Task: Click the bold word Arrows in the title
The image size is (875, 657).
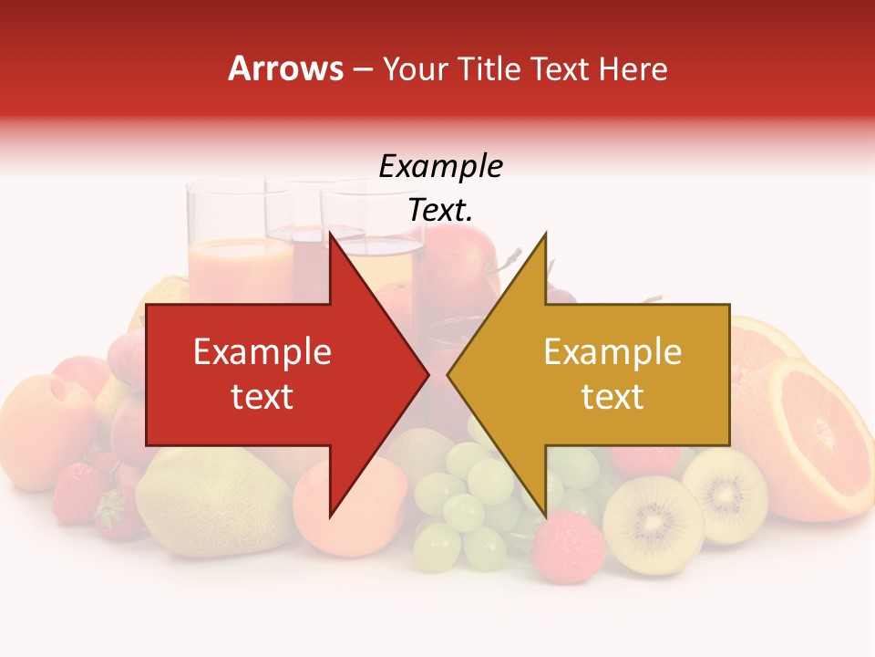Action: (x=285, y=68)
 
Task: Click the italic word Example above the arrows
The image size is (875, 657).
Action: (x=440, y=167)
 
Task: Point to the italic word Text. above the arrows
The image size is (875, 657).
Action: (x=440, y=210)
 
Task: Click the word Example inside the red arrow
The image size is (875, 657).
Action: (x=262, y=352)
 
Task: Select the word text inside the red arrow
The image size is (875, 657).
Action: (x=262, y=397)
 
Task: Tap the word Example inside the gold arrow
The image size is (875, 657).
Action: (x=612, y=352)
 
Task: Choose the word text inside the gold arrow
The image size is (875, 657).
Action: (x=612, y=397)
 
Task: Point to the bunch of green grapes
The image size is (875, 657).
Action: (x=469, y=502)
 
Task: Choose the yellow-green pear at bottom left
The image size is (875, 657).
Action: (x=214, y=502)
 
